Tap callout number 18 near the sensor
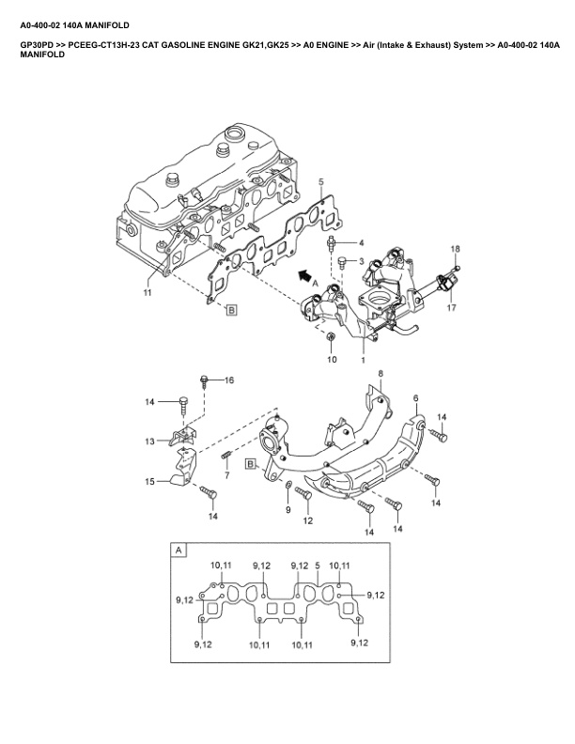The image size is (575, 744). point(455,248)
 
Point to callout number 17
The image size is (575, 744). point(451,307)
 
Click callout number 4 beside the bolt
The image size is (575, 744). point(360,242)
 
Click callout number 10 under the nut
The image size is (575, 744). point(331,360)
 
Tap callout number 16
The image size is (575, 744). point(228,380)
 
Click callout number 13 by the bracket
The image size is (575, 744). point(150,441)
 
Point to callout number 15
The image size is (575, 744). point(150,482)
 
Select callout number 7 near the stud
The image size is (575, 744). point(226,475)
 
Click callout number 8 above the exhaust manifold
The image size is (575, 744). point(381,374)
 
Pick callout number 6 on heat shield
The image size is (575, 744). point(416,398)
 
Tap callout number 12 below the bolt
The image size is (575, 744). point(307,520)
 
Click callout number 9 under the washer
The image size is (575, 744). point(288,509)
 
